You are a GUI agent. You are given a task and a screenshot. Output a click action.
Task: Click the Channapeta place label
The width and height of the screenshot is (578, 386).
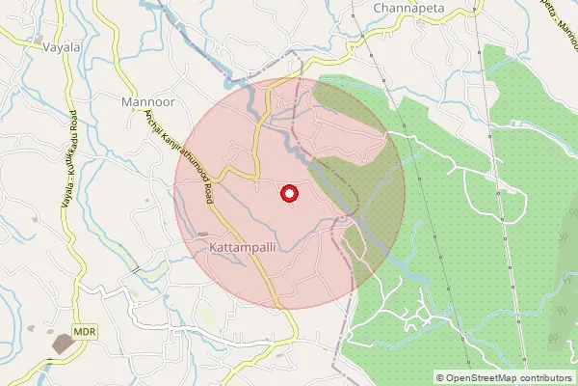(x=404, y=8)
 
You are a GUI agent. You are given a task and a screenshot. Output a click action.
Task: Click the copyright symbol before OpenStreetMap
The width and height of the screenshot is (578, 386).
(x=440, y=378)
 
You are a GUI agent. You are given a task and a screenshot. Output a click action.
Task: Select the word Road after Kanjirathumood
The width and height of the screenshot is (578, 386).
(x=206, y=190)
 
